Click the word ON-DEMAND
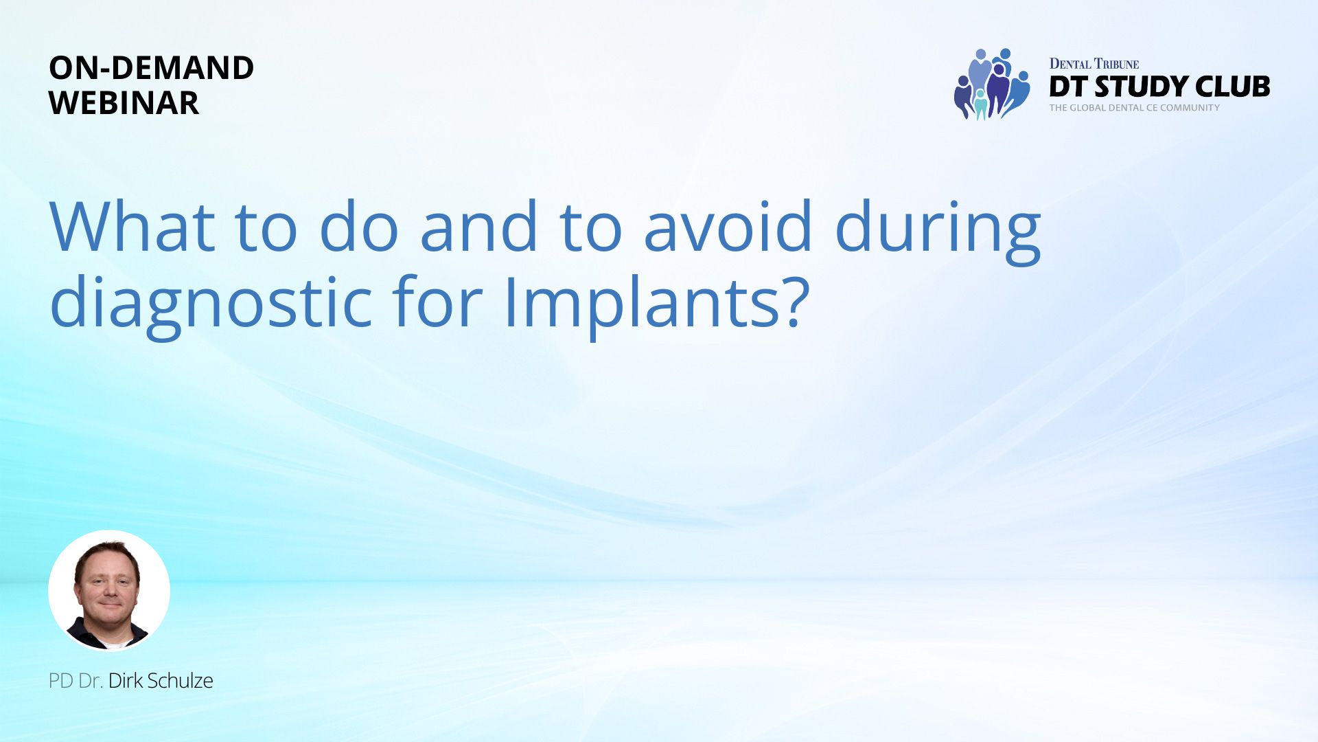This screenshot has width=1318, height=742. click(x=152, y=67)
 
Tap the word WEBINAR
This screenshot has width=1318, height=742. click(x=124, y=102)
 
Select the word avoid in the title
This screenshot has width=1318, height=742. click(x=728, y=226)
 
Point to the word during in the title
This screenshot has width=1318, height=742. click(x=938, y=232)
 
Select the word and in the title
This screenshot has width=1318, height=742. click(x=478, y=226)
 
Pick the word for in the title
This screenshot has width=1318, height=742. click(x=438, y=300)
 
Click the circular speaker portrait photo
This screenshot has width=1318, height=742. click(x=109, y=590)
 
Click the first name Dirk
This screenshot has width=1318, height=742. click(x=126, y=681)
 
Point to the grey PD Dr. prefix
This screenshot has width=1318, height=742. click(x=76, y=681)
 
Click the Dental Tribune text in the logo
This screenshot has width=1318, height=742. click(x=1094, y=64)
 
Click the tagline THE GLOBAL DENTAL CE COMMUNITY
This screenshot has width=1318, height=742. click(x=1135, y=108)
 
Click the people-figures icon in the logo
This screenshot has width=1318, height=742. click(x=992, y=84)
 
